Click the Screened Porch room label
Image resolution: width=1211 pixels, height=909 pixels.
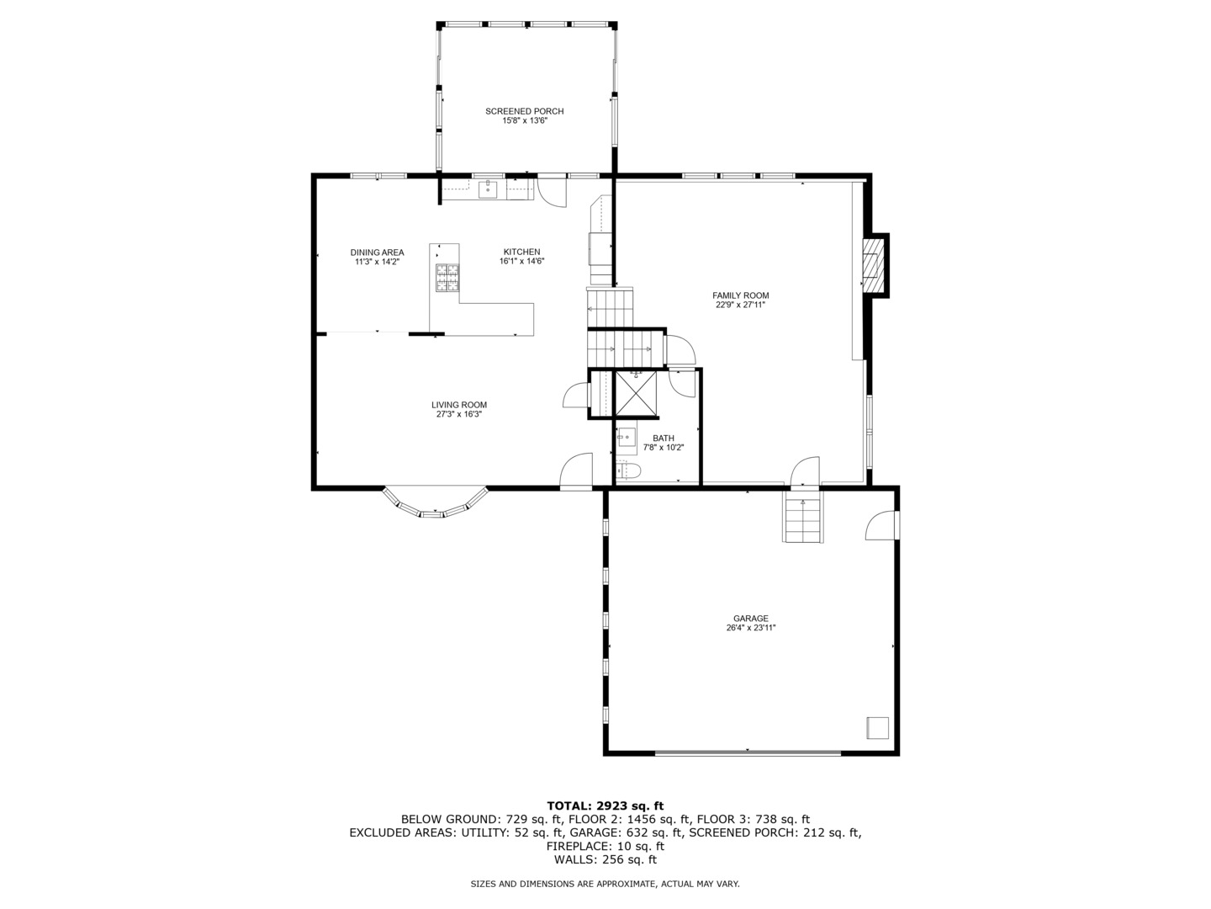coord(524,111)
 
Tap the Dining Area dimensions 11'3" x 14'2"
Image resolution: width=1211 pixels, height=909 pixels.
coord(377,262)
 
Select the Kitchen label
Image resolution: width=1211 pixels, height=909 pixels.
coord(521,252)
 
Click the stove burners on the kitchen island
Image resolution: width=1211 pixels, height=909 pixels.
coord(447,277)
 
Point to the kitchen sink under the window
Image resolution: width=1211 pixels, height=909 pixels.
coord(488,189)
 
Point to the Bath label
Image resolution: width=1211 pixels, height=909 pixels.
coord(664,438)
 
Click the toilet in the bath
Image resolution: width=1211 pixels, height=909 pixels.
coord(627,470)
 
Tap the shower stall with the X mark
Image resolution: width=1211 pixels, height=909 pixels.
coord(637,394)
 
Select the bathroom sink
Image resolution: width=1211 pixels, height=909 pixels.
coord(627,438)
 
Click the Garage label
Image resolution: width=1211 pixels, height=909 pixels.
coord(750,619)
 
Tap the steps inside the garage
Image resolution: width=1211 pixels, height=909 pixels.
coord(802,519)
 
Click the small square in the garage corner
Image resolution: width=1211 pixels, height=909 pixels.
coord(878,728)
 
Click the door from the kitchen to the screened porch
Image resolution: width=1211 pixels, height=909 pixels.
coord(553,190)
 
